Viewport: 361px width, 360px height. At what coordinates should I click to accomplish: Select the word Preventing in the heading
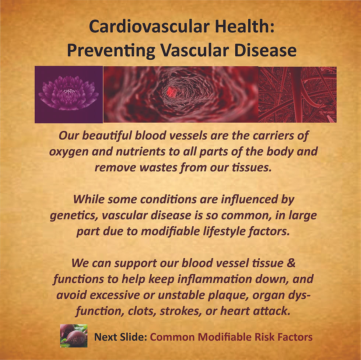111,50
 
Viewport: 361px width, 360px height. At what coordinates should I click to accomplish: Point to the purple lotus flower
69,93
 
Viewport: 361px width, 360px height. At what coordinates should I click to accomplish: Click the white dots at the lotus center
69,91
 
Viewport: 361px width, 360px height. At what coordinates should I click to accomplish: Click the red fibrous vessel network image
297,94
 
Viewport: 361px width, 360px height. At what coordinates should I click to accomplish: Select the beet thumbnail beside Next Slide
74,336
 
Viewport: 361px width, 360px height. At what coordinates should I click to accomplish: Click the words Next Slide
121,337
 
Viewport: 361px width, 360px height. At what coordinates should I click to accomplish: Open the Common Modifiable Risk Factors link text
231,337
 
